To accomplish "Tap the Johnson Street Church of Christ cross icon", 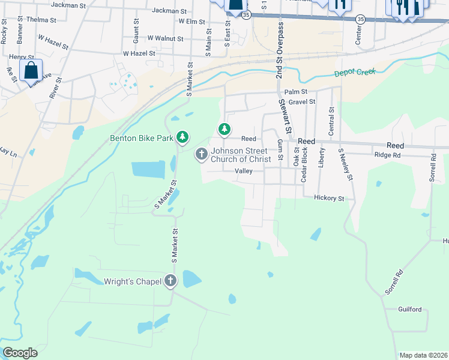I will (x=201, y=155).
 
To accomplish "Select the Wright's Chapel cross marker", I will (x=171, y=280).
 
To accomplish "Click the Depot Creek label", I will (x=355, y=72).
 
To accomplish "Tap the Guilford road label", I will (x=409, y=310).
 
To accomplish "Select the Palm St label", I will (x=295, y=92).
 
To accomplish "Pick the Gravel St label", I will (x=301, y=102).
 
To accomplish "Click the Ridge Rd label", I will (x=387, y=155).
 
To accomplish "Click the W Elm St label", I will (x=192, y=22).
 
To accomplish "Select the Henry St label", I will (x=22, y=57).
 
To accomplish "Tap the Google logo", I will (x=20, y=353).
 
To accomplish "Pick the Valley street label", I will (x=243, y=171).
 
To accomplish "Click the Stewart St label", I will (x=285, y=116).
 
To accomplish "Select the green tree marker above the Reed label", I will (x=224, y=128).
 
